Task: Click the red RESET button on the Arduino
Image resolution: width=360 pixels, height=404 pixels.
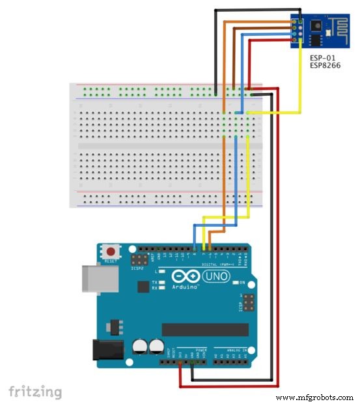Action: [112, 251]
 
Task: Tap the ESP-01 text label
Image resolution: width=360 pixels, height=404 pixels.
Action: [322, 59]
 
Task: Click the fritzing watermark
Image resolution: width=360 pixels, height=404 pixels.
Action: [36, 391]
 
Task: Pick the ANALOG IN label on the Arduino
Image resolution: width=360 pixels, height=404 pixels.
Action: [231, 351]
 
